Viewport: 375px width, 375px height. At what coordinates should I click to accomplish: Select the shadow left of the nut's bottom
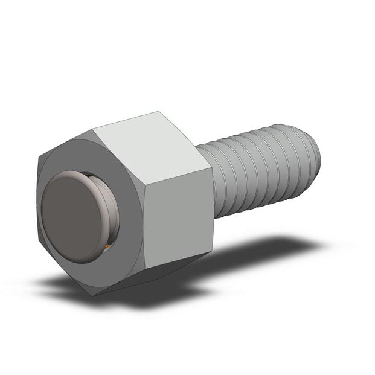54,284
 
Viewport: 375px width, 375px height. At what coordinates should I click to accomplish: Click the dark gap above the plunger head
91,175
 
